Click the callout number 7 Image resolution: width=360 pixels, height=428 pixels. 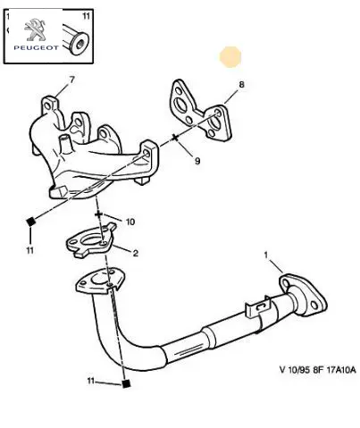point(71,80)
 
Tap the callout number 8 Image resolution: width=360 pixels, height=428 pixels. point(241,85)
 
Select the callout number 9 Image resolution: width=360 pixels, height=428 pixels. point(197,161)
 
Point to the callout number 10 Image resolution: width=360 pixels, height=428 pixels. point(130,222)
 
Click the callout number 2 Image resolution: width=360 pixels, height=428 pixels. point(136,254)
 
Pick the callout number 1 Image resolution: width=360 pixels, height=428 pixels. point(266,255)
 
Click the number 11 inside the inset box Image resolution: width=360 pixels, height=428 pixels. point(86,16)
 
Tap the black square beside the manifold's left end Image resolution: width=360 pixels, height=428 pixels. point(30,222)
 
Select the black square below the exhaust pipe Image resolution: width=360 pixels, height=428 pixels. point(126,383)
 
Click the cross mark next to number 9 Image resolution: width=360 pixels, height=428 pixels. point(175,138)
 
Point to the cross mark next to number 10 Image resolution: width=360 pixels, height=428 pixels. point(98,214)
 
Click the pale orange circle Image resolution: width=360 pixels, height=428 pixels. point(230,56)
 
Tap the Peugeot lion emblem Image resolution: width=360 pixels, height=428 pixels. point(35,29)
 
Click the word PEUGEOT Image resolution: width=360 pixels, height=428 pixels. point(37,47)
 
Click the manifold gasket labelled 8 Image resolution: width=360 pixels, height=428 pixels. point(200,110)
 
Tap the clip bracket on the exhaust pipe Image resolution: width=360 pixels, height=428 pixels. point(258,310)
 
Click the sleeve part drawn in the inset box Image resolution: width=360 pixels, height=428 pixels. point(76,41)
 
